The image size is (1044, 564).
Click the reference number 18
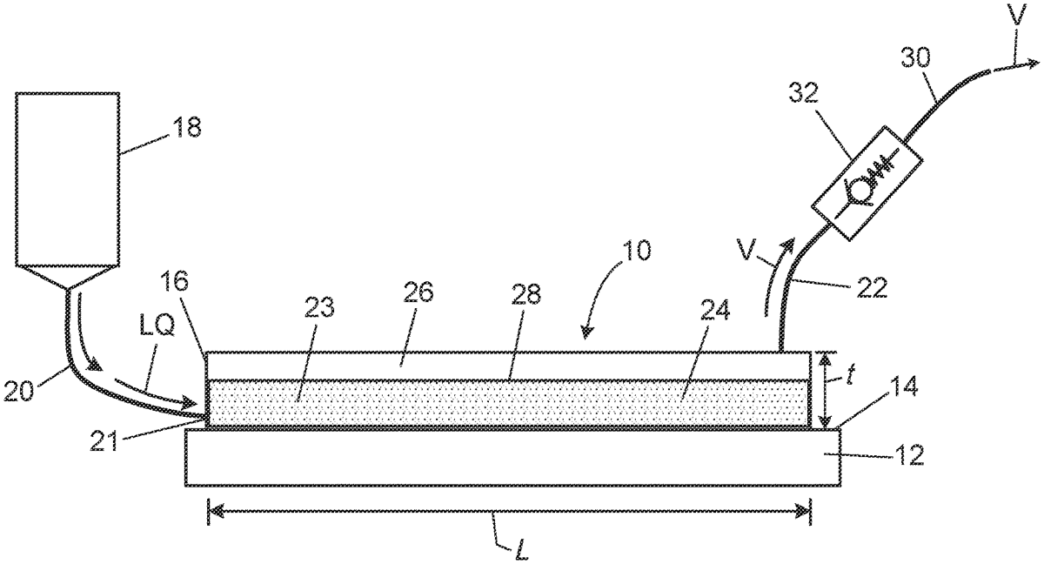point(186,127)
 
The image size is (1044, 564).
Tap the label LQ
point(157,328)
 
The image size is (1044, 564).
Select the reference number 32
point(804,93)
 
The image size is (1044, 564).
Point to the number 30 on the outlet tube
point(915,70)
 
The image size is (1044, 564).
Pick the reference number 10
point(636,251)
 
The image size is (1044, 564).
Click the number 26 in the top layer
point(418,292)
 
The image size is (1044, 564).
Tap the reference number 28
point(525,294)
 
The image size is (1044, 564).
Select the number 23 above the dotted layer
point(320,307)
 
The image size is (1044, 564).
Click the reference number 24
point(714,310)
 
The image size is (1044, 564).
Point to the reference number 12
point(909,455)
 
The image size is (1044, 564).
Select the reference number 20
point(19,391)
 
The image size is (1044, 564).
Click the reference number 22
point(872,287)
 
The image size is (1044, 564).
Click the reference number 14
point(903,386)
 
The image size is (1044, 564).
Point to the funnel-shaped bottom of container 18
point(68,279)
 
